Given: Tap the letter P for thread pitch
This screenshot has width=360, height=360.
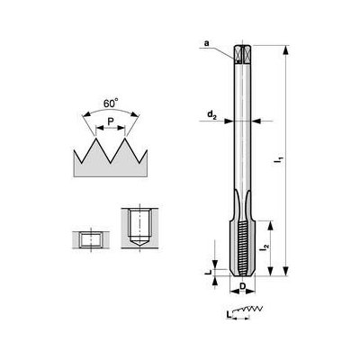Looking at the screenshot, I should [109, 121].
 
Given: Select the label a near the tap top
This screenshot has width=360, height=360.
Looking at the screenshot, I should [206, 42].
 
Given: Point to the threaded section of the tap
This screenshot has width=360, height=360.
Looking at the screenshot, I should [243, 243].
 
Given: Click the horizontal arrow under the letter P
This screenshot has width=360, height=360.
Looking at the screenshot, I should [109, 130].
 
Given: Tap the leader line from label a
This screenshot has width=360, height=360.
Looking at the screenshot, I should [224, 49].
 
